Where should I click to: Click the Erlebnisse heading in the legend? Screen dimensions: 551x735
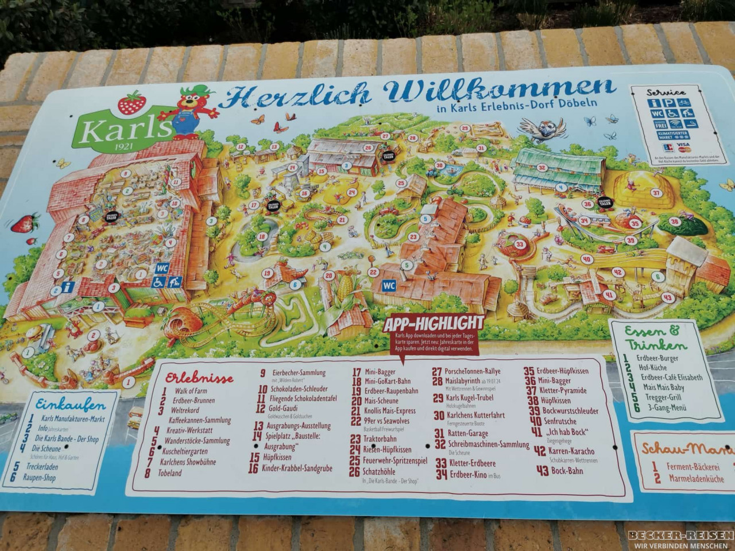pyautogui.click(x=199, y=378)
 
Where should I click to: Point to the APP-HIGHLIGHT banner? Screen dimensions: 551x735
pyautogui.click(x=435, y=323)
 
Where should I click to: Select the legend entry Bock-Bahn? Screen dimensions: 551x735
pyautogui.click(x=567, y=471)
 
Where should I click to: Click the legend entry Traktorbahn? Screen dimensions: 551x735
pyautogui.click(x=380, y=439)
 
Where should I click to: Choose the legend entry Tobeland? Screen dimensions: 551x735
pyautogui.click(x=170, y=473)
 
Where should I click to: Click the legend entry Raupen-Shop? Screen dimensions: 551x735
pyautogui.click(x=40, y=477)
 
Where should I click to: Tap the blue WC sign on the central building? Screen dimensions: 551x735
pyautogui.click(x=389, y=285)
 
